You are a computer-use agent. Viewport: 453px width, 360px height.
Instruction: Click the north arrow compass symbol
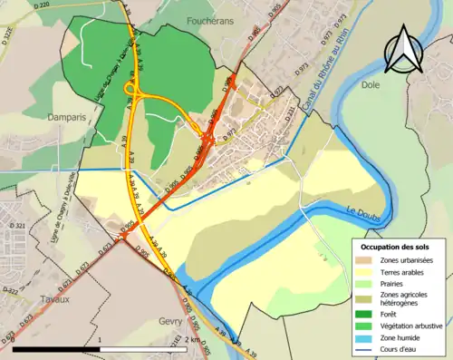(x=400, y=51)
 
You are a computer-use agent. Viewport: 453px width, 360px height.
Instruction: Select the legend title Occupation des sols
(x=396, y=247)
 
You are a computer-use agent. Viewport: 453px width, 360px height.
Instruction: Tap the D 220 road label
(x=41, y=6)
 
